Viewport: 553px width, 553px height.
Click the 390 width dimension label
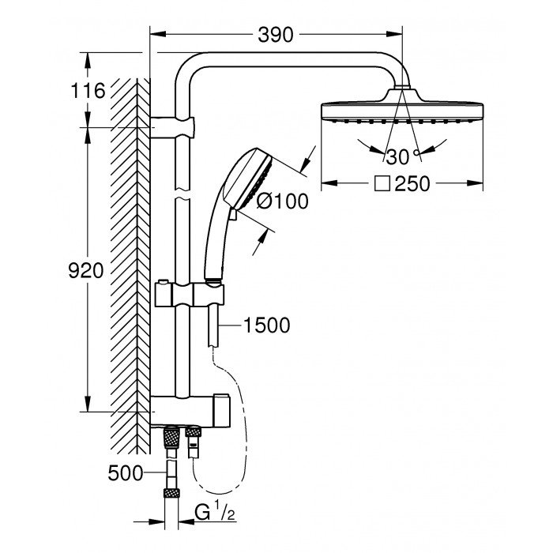276,35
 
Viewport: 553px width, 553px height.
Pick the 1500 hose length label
267,324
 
